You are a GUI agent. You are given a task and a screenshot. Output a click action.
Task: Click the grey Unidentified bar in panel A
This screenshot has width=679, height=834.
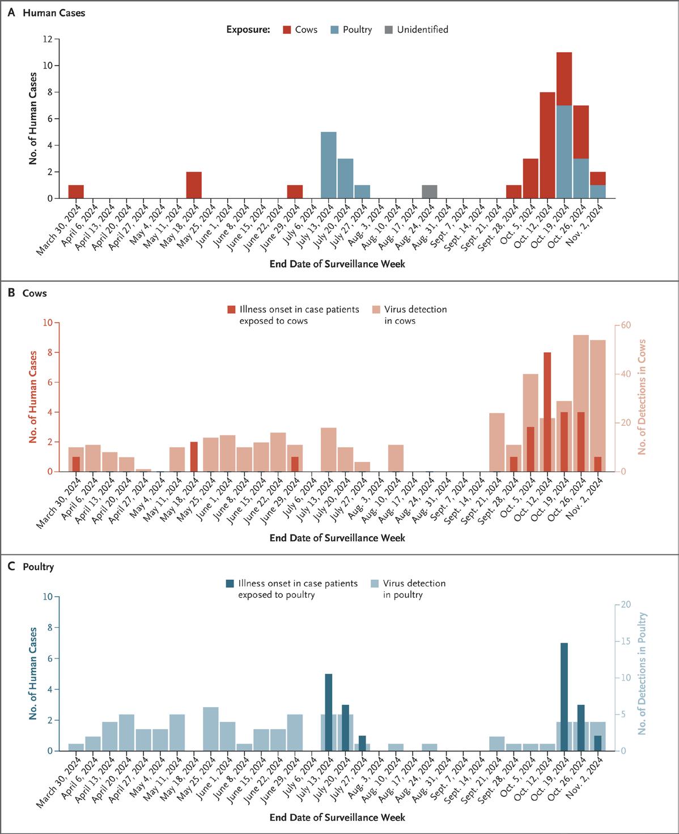(x=430, y=191)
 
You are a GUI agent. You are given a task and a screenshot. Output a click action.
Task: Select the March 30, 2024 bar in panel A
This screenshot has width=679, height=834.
(x=76, y=191)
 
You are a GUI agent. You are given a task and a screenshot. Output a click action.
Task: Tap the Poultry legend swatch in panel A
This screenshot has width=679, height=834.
(x=334, y=29)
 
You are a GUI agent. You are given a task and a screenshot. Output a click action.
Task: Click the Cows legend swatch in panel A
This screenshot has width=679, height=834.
(x=287, y=29)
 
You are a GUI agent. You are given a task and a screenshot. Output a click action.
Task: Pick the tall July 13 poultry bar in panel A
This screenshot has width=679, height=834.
(x=329, y=165)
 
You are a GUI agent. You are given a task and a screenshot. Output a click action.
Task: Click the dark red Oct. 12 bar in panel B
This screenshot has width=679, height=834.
(x=547, y=412)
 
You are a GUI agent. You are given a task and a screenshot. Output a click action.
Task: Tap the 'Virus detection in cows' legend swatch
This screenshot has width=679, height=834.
(x=376, y=310)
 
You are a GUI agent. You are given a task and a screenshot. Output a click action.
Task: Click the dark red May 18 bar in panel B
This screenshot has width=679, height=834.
(x=194, y=456)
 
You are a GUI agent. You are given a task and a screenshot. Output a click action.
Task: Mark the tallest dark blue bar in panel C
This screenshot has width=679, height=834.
(x=564, y=696)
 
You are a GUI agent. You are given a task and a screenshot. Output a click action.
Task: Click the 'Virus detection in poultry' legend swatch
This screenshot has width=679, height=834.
(x=375, y=584)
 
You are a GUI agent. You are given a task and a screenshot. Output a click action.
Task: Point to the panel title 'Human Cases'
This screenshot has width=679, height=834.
(x=54, y=12)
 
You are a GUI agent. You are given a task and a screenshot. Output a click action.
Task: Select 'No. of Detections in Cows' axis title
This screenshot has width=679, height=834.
(x=642, y=397)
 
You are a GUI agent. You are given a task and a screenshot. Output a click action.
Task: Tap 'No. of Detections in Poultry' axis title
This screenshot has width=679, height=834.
(x=642, y=674)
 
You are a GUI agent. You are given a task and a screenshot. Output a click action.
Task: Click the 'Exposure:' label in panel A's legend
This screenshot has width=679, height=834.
(x=248, y=29)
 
